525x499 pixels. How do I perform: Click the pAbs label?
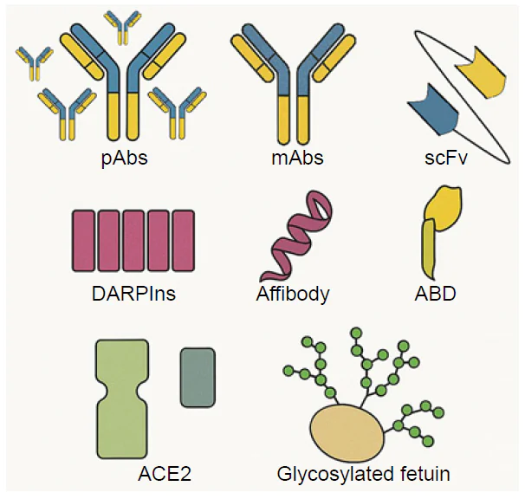pyautogui.click(x=124, y=159)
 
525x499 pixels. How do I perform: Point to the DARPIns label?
pyautogui.click(x=133, y=293)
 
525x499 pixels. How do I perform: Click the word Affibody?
pyautogui.click(x=293, y=293)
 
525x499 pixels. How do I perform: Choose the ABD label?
pyautogui.click(x=436, y=293)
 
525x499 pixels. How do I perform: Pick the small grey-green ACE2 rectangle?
pyautogui.click(x=198, y=378)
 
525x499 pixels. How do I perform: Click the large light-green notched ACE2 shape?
pyautogui.click(x=123, y=399)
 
